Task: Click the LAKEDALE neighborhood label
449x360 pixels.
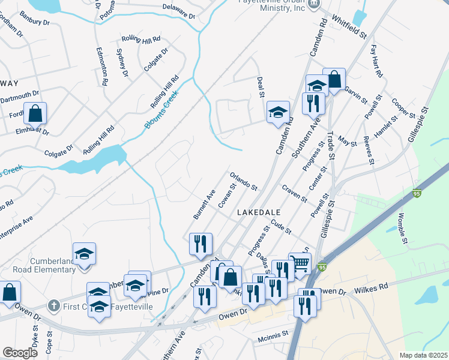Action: click(259, 212)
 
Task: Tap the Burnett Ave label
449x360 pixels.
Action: click(204, 204)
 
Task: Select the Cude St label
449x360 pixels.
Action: click(280, 227)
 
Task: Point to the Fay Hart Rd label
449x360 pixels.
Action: click(377, 61)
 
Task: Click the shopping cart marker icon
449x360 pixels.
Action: click(300, 262)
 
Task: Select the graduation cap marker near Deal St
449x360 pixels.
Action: click(278, 112)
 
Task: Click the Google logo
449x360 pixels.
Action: click(20, 353)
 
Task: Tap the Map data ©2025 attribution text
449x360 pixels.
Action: click(423, 355)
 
